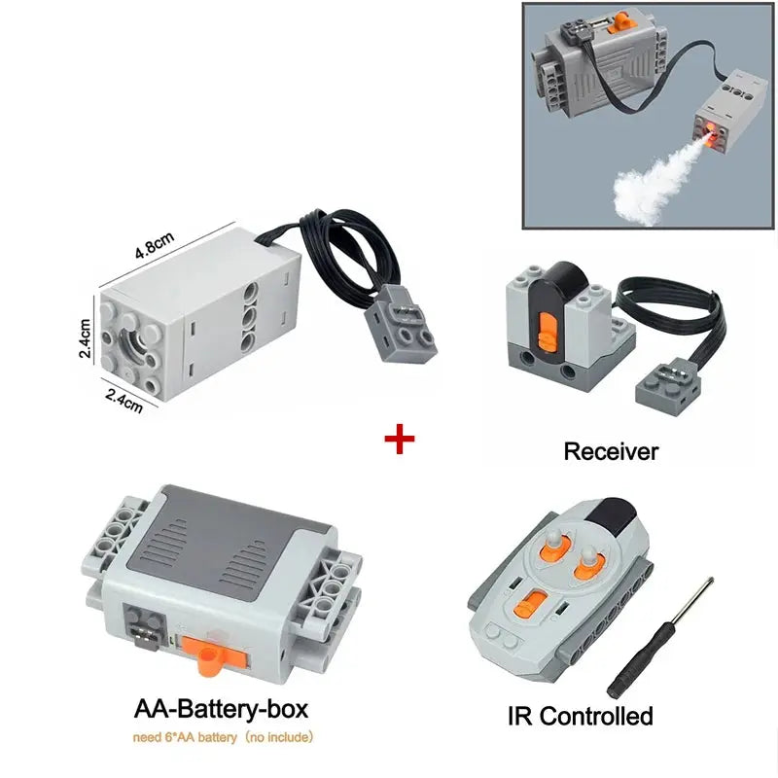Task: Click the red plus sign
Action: click(x=400, y=440)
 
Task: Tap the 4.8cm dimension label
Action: click(x=155, y=245)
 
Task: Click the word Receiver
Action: click(x=611, y=451)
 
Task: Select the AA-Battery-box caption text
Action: click(x=222, y=709)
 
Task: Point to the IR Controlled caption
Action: click(x=580, y=716)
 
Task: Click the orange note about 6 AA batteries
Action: click(x=223, y=737)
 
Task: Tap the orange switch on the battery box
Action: click(x=213, y=654)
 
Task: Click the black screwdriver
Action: click(x=660, y=638)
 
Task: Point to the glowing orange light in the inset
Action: click(x=711, y=130)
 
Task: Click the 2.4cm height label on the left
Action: click(x=85, y=337)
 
